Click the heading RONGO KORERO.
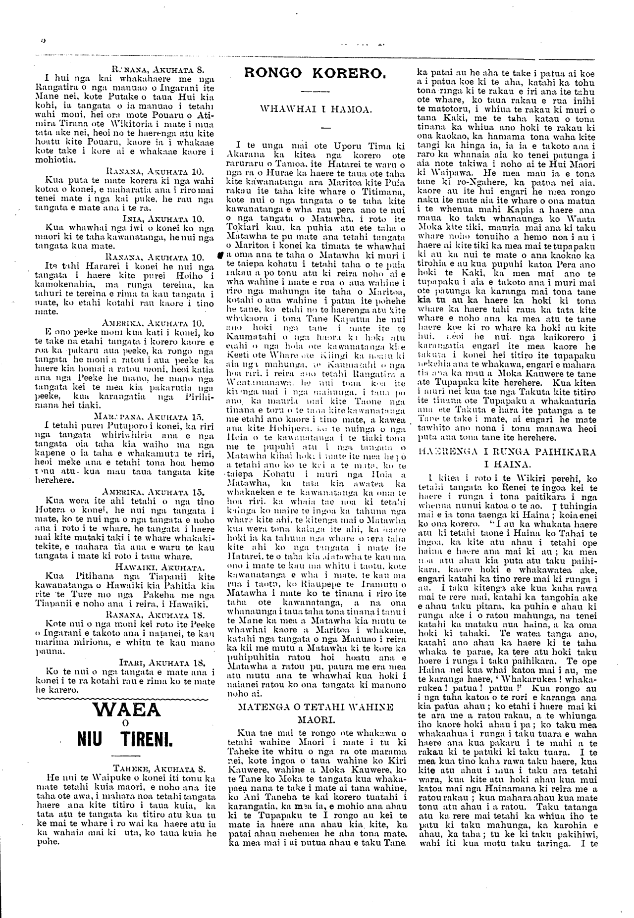(x=315, y=73)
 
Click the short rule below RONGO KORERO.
(x=315, y=92)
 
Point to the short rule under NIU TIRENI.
(x=126, y=756)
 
